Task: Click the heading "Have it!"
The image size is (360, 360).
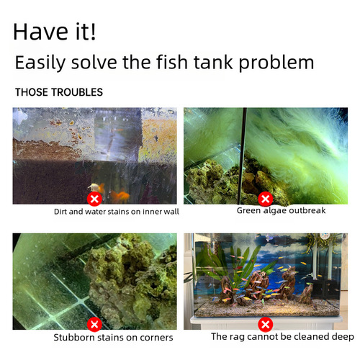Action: tap(54, 32)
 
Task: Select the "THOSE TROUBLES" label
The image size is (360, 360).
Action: tap(59, 92)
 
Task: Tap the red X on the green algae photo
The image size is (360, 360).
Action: tap(266, 199)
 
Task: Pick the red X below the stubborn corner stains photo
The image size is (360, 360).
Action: tap(94, 324)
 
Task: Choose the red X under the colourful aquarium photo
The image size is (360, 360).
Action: tap(266, 324)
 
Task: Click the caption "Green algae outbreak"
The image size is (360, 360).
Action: tap(281, 211)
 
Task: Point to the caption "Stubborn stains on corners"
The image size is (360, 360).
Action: tap(113, 337)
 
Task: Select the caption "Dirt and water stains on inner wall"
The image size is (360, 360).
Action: tap(117, 212)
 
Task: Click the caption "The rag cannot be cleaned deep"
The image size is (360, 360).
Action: tap(282, 336)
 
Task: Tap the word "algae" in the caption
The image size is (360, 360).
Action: tap(278, 211)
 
